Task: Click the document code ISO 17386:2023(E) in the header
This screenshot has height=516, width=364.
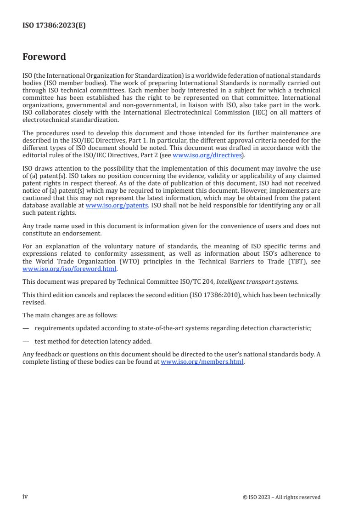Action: pos(54,26)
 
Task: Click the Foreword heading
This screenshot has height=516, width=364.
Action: pos(44,57)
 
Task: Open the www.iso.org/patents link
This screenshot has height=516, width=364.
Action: pos(117,206)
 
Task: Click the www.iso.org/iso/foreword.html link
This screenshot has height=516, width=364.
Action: pos(70,269)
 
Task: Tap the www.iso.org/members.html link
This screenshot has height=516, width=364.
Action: pos(202,362)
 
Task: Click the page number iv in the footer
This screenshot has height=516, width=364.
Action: pos(25,497)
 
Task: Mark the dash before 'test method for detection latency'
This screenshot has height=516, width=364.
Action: pos(26,341)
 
